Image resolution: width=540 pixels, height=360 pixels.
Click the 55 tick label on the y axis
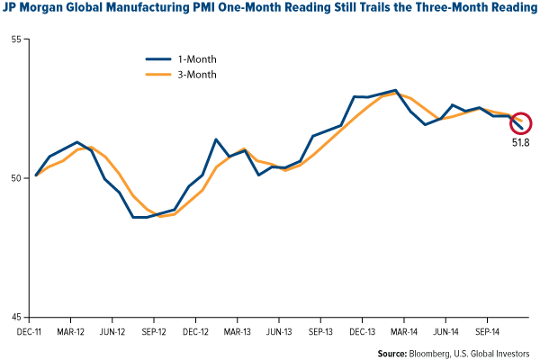click(18, 40)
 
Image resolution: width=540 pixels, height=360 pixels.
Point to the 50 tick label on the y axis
click(18, 178)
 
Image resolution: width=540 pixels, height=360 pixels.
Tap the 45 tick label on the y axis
click(18, 317)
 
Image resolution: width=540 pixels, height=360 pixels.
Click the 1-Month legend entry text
click(195, 57)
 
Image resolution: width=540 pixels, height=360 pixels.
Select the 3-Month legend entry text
click(195, 72)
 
